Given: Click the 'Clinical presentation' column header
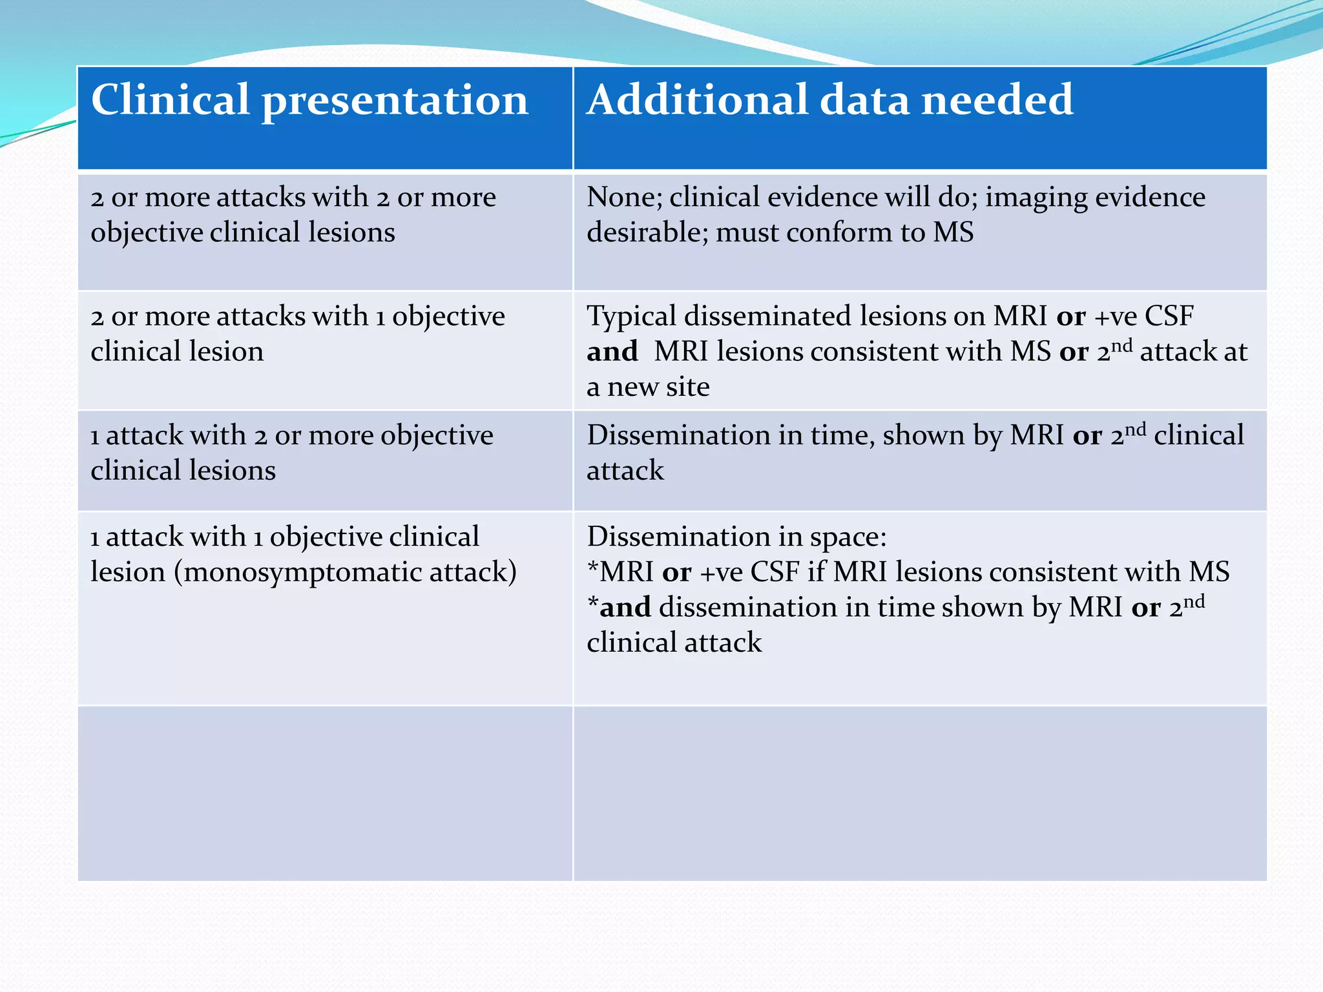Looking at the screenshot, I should [x=309, y=101].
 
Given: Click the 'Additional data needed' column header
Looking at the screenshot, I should [x=829, y=101].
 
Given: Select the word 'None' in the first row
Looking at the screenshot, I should [x=623, y=197].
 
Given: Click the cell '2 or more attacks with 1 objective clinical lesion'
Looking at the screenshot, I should [x=325, y=350].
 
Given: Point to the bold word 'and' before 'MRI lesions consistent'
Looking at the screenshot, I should [x=612, y=352].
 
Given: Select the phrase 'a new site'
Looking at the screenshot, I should [x=648, y=387].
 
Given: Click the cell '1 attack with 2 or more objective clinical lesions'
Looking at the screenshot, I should [x=325, y=460].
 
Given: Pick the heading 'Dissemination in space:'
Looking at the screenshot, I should [x=736, y=537].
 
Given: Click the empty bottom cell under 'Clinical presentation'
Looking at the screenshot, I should [x=325, y=793].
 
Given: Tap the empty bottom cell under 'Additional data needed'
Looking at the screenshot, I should [x=919, y=793].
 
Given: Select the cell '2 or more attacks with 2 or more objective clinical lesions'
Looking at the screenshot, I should [x=325, y=231].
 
